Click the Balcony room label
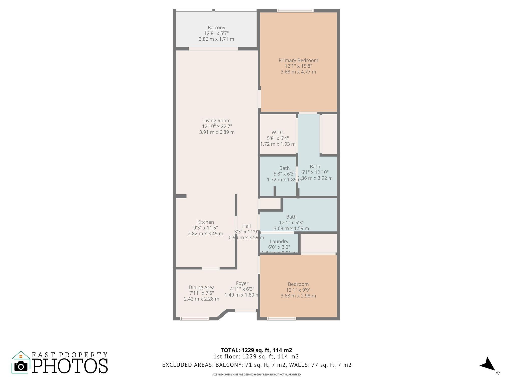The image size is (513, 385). pyautogui.click(x=216, y=28)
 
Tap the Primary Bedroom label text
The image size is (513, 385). pyautogui.click(x=298, y=60)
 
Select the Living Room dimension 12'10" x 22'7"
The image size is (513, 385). pyautogui.click(x=217, y=126)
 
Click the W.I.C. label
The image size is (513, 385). pyautogui.click(x=278, y=133)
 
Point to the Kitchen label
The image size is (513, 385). pyautogui.click(x=205, y=222)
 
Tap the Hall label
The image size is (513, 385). pyautogui.click(x=246, y=226)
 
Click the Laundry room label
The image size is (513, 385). pyautogui.click(x=279, y=241)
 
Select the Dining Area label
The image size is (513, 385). pyautogui.click(x=201, y=287)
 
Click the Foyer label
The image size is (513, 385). pyautogui.click(x=242, y=283)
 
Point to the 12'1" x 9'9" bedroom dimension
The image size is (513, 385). pyautogui.click(x=298, y=290)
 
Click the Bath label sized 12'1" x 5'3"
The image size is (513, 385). pyautogui.click(x=291, y=217)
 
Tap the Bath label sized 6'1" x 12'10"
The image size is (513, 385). pyautogui.click(x=315, y=167)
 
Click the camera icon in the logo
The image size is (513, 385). pyautogui.click(x=21, y=366)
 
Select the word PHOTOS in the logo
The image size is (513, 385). pyautogui.click(x=70, y=366)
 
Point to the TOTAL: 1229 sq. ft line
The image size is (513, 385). pyautogui.click(x=256, y=350)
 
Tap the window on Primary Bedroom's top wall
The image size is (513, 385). pyautogui.click(x=295, y=11)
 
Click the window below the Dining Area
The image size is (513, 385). pyautogui.click(x=194, y=319)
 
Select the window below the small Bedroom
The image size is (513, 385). pyautogui.click(x=281, y=319)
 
